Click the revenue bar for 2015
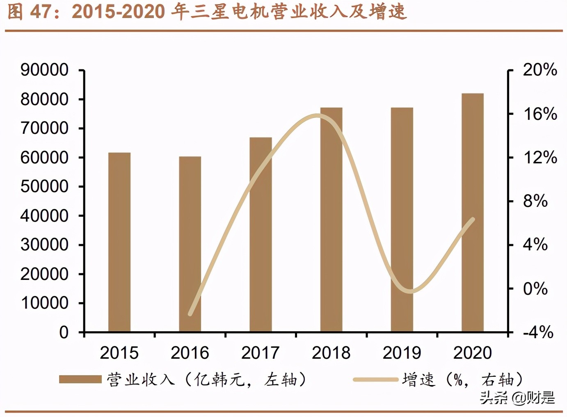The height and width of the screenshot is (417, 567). click(119, 242)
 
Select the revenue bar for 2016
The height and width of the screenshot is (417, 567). click(190, 244)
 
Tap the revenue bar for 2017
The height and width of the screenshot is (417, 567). click(261, 234)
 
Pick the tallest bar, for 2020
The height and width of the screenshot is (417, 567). click(472, 213)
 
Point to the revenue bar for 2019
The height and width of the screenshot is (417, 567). click(402, 220)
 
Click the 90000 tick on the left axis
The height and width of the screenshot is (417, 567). click(44, 70)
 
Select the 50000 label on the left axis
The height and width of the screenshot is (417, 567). click(44, 187)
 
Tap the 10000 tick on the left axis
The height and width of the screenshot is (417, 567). click(44, 303)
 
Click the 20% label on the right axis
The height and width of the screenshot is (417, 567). click(540, 70)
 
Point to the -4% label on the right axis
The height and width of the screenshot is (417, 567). click(538, 332)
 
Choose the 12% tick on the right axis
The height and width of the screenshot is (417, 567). click(540, 158)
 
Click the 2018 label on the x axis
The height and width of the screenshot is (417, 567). click(331, 353)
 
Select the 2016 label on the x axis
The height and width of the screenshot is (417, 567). click(190, 353)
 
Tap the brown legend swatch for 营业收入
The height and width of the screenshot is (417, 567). click(80, 379)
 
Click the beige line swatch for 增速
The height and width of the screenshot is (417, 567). click(375, 379)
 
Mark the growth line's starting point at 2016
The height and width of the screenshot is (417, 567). click(190, 314)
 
